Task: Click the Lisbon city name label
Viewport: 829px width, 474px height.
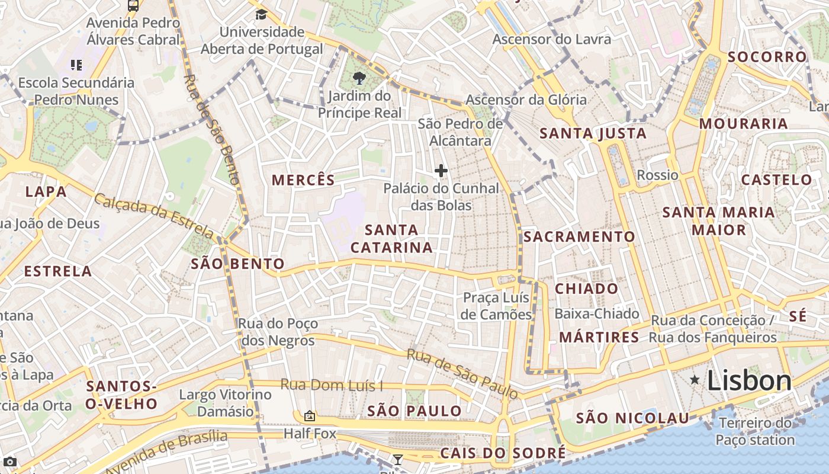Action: (x=749, y=380)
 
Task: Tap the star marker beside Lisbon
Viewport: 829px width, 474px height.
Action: (x=695, y=380)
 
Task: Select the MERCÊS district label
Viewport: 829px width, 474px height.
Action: (x=303, y=180)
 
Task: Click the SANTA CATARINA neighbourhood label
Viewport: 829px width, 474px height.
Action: (x=391, y=239)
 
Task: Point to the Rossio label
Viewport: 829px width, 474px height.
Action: (x=657, y=175)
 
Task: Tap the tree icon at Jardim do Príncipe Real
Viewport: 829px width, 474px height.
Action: (x=358, y=78)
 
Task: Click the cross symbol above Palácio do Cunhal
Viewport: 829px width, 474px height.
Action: (x=441, y=171)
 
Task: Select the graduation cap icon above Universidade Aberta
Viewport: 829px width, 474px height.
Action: (x=261, y=14)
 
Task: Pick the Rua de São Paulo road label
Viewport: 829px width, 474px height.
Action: (x=462, y=373)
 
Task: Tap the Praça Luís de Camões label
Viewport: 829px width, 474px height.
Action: (x=496, y=306)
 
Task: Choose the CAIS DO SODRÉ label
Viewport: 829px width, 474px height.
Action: (x=503, y=454)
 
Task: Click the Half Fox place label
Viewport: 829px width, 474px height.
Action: (x=310, y=434)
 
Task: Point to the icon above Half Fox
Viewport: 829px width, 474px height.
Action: (x=309, y=417)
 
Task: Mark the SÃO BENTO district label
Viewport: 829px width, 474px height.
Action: (x=237, y=264)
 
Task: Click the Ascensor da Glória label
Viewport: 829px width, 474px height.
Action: (x=526, y=100)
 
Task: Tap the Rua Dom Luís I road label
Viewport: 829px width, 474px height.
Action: (x=332, y=385)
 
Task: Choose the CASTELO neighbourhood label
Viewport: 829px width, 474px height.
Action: (x=777, y=180)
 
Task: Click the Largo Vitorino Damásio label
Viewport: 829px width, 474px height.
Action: (x=225, y=403)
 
